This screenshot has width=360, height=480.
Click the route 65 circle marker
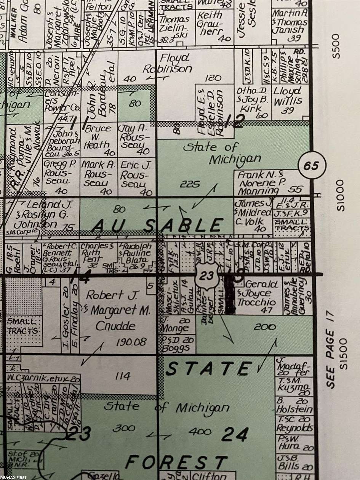click(312, 166)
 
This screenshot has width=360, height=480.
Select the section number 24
click(235, 434)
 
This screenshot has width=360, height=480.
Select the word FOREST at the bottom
click(177, 462)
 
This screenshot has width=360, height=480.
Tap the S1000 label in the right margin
click(340, 195)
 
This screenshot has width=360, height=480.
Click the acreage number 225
click(189, 184)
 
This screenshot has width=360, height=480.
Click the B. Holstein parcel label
click(294, 406)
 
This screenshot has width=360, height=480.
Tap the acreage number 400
click(200, 431)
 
